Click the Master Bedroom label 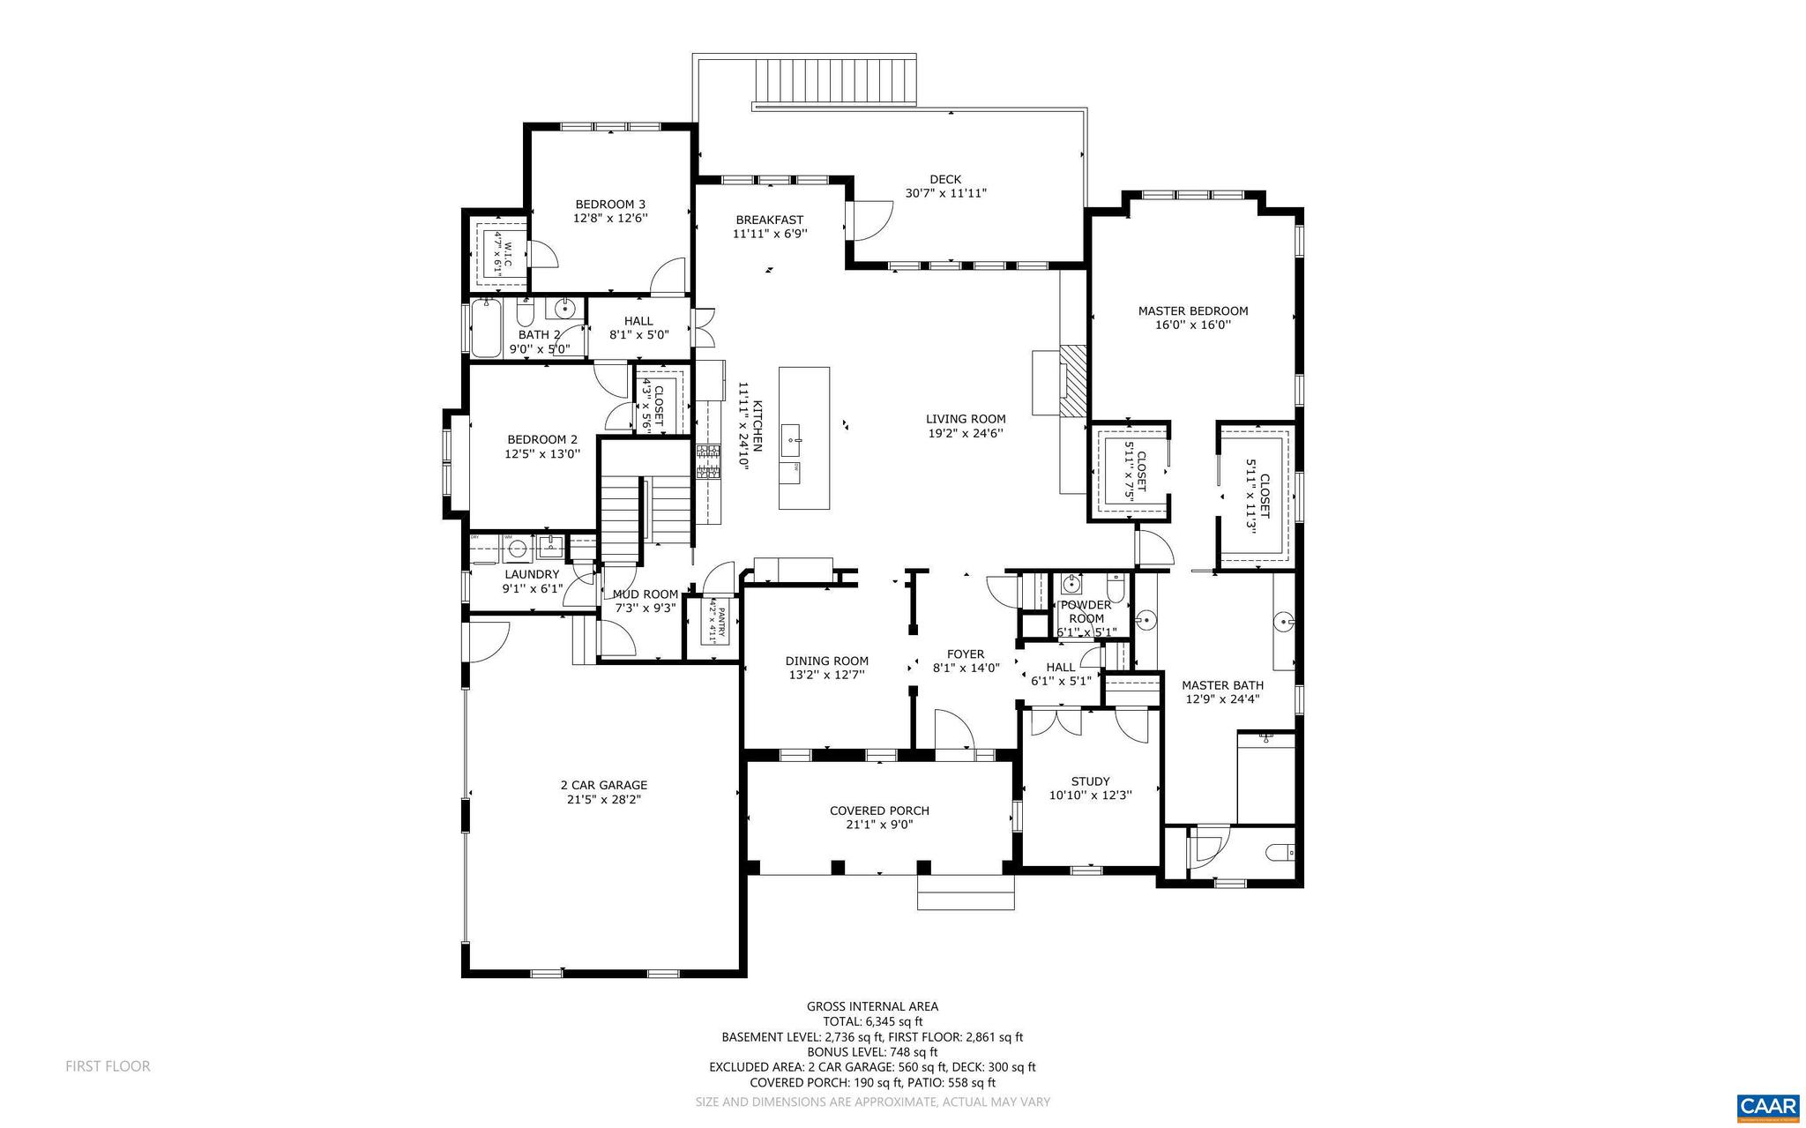1192,310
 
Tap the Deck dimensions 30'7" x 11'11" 945,193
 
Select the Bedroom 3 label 610,204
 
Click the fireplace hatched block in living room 1074,379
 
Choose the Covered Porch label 879,811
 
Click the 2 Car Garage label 603,785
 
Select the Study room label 1090,781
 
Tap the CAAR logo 1767,1108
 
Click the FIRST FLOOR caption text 108,1066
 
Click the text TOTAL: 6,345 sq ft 872,1021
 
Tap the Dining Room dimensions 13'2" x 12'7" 826,675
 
